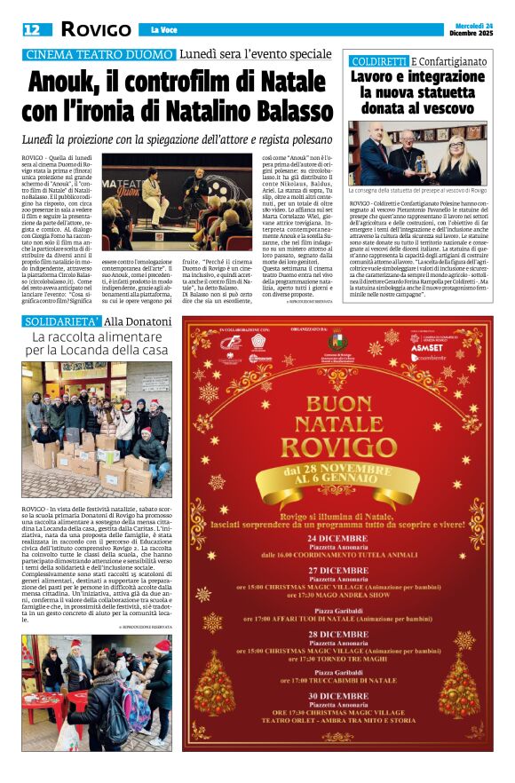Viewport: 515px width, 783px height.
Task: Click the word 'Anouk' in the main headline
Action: pos(72,83)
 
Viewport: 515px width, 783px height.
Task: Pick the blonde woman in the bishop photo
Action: pos(461,158)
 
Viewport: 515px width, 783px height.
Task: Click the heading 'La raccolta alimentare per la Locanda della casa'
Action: pos(99,344)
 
